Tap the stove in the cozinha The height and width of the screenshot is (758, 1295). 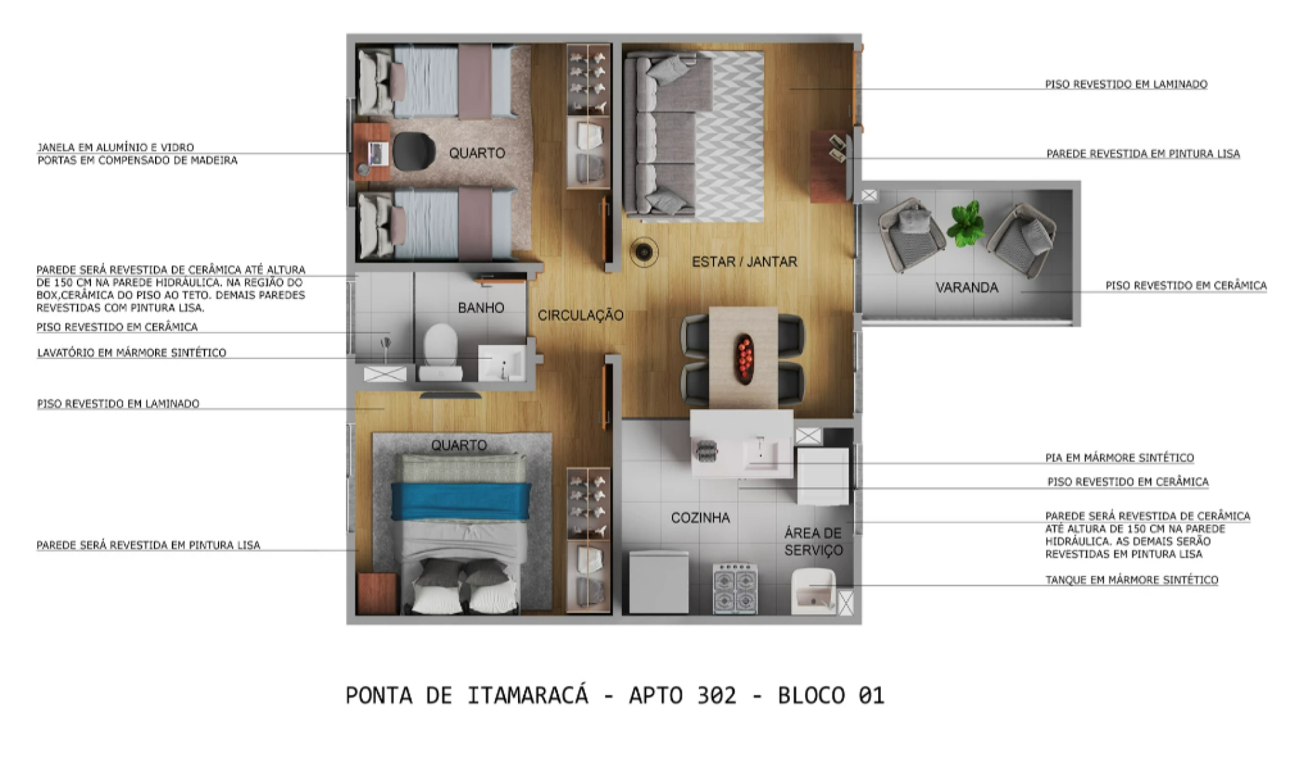coord(735,589)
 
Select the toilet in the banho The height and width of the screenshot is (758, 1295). coord(440,351)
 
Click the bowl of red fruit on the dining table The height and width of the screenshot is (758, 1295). coord(744,358)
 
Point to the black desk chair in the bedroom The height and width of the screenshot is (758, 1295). coord(413,151)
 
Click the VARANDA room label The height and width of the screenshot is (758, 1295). coord(967,288)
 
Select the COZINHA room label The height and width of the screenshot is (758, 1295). coord(700,518)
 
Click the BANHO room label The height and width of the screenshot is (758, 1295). coord(481,308)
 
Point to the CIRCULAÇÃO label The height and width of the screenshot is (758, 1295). coord(581,315)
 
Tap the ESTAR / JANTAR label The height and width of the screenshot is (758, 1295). coord(745,262)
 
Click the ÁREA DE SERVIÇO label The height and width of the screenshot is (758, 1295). coord(813,542)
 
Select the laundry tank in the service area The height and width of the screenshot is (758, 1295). coord(813,592)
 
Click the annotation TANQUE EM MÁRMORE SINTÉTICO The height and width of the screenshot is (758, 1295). coord(1132,580)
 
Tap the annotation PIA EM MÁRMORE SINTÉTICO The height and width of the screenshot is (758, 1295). coord(1120,458)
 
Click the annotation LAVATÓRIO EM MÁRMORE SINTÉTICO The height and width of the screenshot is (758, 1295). coord(132,352)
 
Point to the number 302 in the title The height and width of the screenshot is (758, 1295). coord(716,695)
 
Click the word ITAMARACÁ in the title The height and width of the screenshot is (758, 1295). coord(527,695)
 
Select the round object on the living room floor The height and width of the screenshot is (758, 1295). coord(645,252)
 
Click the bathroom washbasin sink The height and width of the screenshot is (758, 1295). coord(502,363)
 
